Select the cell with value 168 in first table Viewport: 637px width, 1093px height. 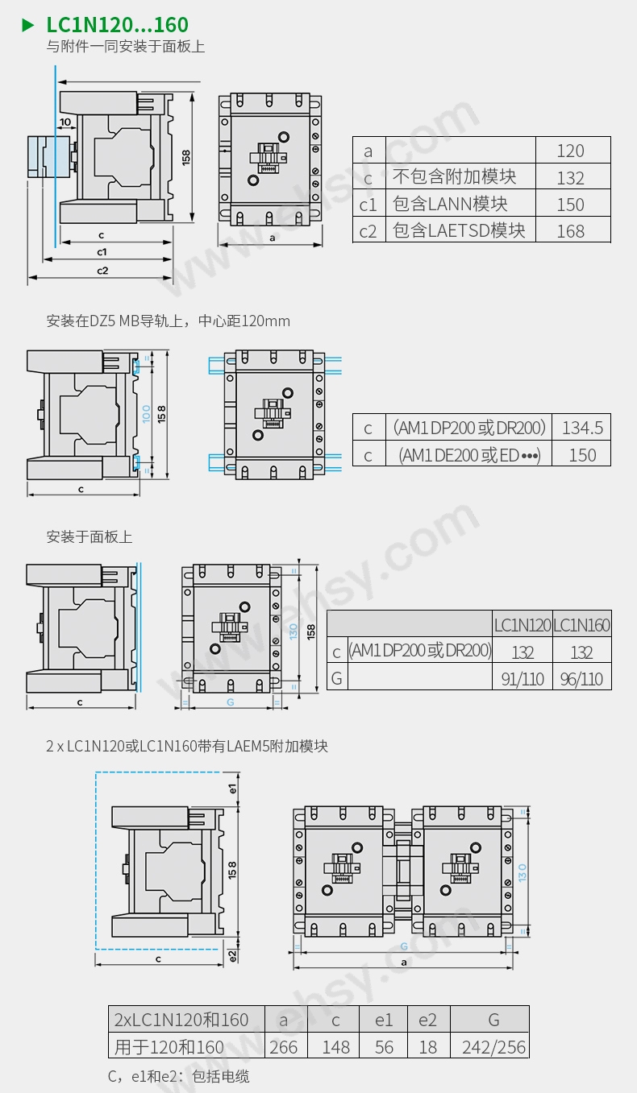[x=570, y=231]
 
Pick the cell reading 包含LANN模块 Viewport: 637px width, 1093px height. [x=451, y=204]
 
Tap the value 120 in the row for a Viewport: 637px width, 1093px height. [x=570, y=151]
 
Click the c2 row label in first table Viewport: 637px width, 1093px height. [x=368, y=231]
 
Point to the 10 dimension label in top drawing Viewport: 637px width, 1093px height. [x=65, y=122]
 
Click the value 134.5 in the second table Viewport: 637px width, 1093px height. [x=582, y=428]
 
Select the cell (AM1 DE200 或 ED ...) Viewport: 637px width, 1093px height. [x=469, y=455]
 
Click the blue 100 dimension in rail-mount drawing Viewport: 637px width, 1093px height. [x=146, y=413]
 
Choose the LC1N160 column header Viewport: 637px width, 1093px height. [x=581, y=624]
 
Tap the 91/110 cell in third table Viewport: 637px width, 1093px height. [x=522, y=679]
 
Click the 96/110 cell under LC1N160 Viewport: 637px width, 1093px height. [x=581, y=679]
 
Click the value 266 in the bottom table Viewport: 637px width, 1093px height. [x=283, y=1047]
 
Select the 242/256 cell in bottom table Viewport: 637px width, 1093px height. [x=493, y=1047]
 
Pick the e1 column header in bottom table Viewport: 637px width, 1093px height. [x=384, y=1020]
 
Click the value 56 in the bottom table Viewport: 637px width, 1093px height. [x=384, y=1047]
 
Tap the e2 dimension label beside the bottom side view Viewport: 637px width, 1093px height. [x=232, y=955]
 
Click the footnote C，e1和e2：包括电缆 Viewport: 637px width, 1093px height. [x=178, y=1076]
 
